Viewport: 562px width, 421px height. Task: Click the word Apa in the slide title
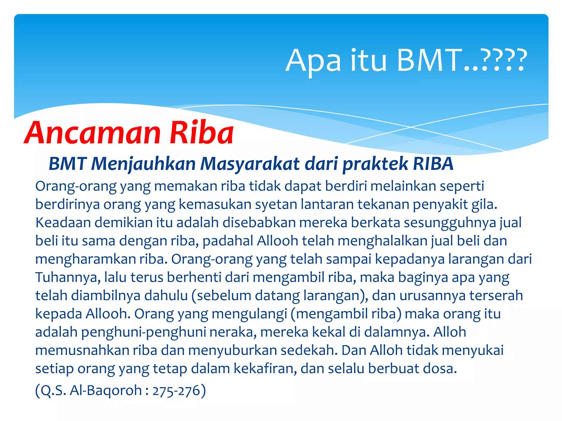(313, 61)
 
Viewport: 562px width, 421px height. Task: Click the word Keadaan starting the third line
(63, 223)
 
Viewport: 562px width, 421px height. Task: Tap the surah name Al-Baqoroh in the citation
(106, 391)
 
